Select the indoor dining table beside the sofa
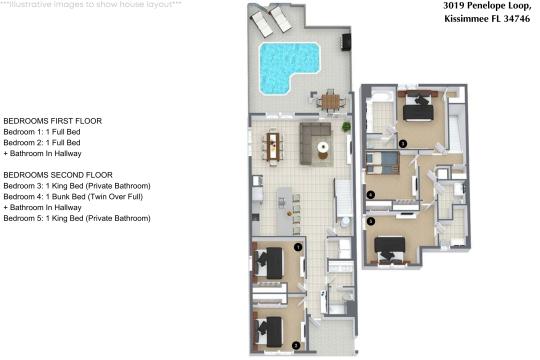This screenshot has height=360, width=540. pos(273,146)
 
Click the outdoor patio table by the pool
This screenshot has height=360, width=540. pos(330,101)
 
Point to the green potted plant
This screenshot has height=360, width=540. pos(346,127)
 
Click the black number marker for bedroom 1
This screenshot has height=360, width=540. pos(298,247)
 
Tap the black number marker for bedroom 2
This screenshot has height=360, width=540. pos(295,346)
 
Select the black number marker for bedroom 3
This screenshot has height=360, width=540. pos(403,143)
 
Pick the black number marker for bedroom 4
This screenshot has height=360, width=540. pos(371,195)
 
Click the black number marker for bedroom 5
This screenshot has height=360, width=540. pos(371,222)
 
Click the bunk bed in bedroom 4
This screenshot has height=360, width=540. pos(382,162)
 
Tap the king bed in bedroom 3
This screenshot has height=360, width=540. pos(418,106)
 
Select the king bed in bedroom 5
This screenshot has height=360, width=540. pos(390,250)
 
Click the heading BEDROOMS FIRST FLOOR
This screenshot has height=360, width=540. pos(53,121)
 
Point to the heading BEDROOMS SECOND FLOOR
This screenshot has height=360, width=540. pos(58,175)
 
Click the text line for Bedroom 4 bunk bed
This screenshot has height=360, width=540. pos(73,197)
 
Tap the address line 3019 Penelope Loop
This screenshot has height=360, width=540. pos(487,6)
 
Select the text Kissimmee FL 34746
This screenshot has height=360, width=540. pos(487,19)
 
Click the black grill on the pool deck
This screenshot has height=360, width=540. pos(346,42)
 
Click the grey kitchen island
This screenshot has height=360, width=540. pos(284,211)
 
